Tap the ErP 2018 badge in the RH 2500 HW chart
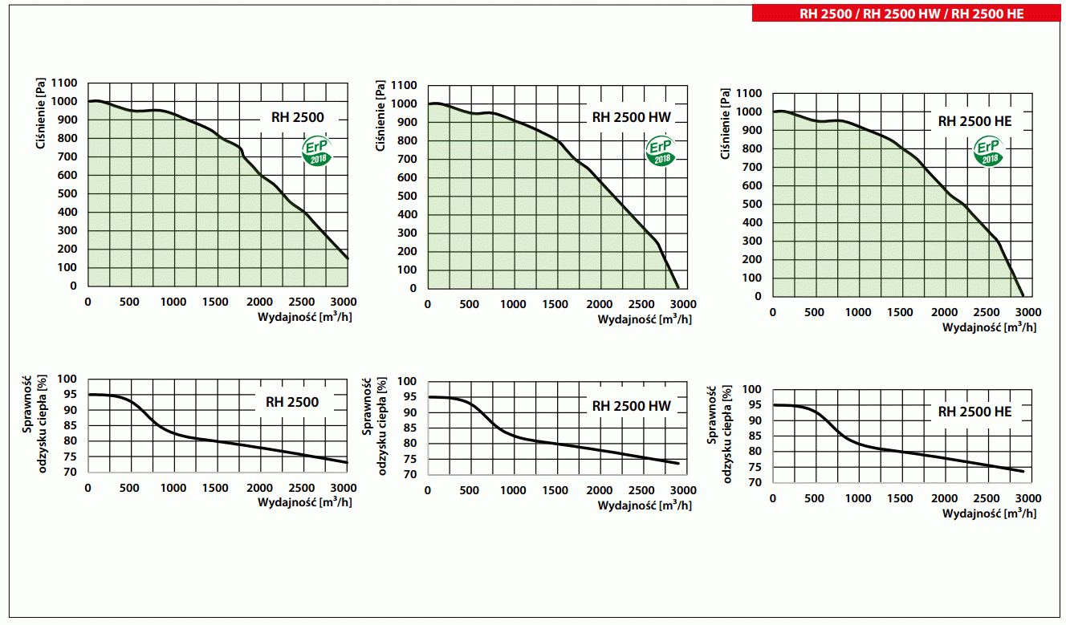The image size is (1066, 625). point(661,152)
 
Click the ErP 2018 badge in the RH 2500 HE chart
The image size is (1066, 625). point(989,152)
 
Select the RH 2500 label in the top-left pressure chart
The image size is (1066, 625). point(298,118)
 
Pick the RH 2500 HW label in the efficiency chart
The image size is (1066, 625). point(631,406)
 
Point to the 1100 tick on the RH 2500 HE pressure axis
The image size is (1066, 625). point(747,94)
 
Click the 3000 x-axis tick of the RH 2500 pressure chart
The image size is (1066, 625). point(344,302)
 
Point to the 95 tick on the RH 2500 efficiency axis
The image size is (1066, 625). point(71,395)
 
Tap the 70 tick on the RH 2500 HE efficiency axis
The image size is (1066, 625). point(755,482)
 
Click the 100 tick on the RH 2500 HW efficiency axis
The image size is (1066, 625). point(408,382)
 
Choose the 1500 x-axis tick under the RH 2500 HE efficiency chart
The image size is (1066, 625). point(901,498)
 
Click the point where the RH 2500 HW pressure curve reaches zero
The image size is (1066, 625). point(678,288)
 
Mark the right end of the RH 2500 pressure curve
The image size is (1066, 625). point(348,258)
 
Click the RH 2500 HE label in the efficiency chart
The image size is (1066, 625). point(974,412)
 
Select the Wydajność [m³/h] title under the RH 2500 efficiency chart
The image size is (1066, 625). point(304,502)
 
